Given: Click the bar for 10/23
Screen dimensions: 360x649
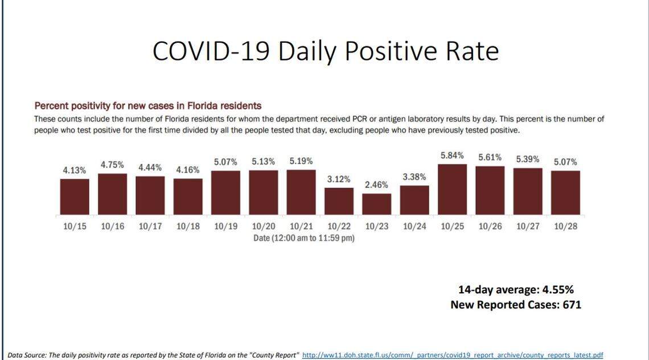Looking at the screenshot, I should (x=377, y=204).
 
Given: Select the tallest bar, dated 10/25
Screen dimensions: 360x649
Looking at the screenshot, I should (x=452, y=189).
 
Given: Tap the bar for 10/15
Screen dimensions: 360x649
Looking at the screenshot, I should (x=75, y=197).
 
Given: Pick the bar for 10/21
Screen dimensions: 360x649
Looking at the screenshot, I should (x=301, y=192).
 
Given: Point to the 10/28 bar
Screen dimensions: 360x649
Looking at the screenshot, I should (x=565, y=193).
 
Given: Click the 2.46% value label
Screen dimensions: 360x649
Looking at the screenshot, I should (x=377, y=185).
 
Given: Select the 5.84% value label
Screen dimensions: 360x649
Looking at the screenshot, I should (x=452, y=156).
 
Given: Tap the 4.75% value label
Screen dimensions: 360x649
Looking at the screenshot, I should (x=113, y=165).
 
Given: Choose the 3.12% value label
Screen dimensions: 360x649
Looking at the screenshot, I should (x=339, y=179).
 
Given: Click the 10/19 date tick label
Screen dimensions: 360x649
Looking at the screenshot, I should (x=225, y=226).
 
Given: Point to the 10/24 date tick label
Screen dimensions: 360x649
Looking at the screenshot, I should (x=414, y=226).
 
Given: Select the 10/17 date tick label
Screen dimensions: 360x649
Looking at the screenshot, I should (x=150, y=226).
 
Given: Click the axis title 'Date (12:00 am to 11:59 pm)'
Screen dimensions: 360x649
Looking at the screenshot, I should (x=303, y=238).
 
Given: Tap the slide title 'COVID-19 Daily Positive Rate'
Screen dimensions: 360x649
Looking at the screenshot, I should (x=325, y=51).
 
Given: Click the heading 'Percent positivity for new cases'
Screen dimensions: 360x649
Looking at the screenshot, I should (x=147, y=106).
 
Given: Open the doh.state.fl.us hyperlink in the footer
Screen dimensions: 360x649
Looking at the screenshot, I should (x=453, y=355).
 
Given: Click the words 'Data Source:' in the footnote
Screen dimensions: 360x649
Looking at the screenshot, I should (x=26, y=355).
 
